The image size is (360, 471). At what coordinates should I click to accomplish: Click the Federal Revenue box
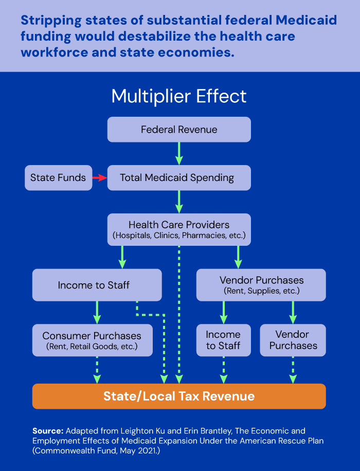179,129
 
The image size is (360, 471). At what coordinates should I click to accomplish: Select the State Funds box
58,178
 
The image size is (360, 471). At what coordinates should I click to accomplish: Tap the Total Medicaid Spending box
179,178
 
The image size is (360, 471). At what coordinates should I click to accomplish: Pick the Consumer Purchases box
92,340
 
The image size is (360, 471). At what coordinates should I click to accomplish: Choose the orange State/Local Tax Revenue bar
179,396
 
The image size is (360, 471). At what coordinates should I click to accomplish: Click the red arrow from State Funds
99,178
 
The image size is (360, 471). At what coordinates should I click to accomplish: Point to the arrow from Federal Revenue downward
179,153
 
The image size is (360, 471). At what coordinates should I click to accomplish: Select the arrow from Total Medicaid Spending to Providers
179,201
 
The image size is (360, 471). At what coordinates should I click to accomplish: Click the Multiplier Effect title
179,97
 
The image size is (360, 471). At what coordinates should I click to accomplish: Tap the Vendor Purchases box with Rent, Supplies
261,284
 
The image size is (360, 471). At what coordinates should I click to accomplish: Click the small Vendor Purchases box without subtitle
293,340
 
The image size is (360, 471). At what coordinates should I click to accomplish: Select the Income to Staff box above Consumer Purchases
97,284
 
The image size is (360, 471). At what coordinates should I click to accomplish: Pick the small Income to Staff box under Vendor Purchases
223,340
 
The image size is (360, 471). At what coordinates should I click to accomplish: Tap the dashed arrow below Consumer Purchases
97,369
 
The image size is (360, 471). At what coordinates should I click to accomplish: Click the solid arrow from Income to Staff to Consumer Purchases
97,312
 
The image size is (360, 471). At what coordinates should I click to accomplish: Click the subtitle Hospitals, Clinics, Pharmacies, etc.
179,236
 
